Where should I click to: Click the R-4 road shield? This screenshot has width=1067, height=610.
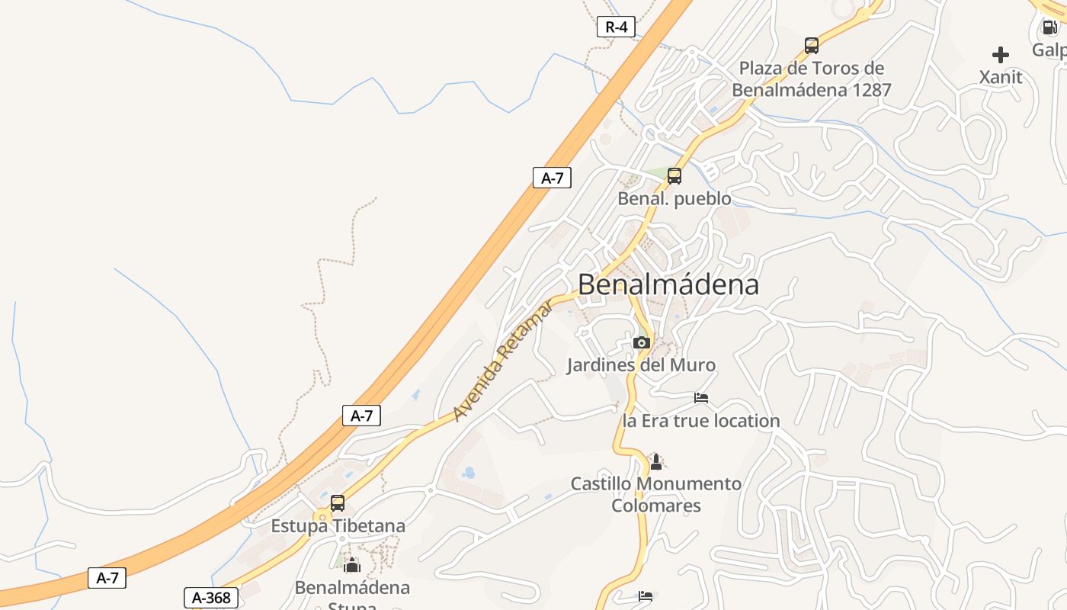tap(616, 27)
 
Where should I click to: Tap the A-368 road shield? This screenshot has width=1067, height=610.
tap(211, 598)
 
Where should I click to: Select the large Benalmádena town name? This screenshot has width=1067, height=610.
tap(668, 284)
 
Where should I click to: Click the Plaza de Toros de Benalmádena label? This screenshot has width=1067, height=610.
tap(812, 79)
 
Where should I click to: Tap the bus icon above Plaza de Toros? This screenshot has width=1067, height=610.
tap(812, 45)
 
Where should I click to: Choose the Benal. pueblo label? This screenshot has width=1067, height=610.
tap(674, 199)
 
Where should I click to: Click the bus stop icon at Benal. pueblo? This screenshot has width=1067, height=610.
tap(674, 176)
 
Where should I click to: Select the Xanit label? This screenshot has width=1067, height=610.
tap(1001, 77)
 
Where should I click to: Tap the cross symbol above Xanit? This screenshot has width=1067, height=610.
tap(1001, 55)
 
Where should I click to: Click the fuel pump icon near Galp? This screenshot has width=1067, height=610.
tap(1049, 27)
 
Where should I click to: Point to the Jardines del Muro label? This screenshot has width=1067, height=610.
tap(641, 365)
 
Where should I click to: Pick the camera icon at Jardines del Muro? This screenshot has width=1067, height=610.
tap(641, 342)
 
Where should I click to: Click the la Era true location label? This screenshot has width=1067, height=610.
tap(701, 421)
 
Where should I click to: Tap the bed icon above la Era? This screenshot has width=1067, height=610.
tap(701, 398)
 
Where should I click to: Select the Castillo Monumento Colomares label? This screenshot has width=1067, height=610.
tap(656, 494)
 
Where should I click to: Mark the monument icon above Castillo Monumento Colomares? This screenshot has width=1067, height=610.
tap(656, 461)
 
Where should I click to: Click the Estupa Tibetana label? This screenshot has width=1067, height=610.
tap(338, 526)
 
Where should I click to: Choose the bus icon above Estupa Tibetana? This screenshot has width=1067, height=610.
tap(338, 503)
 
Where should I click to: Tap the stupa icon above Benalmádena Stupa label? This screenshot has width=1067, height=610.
tap(351, 566)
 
